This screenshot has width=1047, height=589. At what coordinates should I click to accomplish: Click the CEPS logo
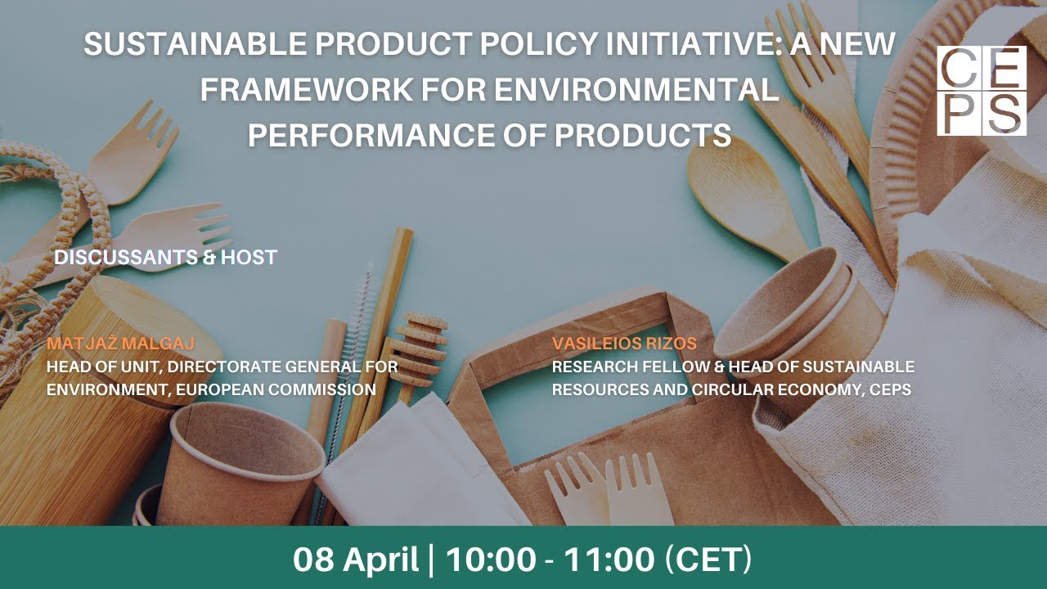pyautogui.click(x=981, y=91)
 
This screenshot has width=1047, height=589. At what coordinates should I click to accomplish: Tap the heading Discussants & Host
pyautogui.click(x=165, y=258)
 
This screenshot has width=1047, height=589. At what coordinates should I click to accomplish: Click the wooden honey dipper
pyautogui.click(x=418, y=352)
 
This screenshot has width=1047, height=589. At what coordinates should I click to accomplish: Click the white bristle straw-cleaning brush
pyautogui.click(x=357, y=327)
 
